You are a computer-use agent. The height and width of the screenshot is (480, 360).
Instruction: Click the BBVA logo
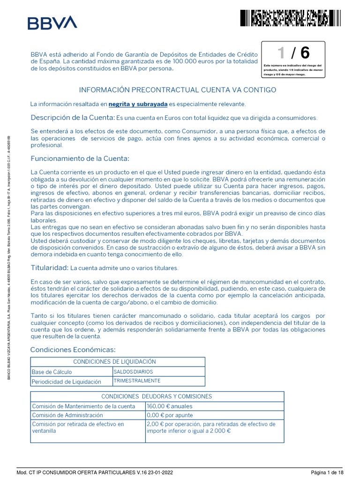(52, 23)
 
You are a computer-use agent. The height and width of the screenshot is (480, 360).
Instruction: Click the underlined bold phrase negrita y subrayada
(138, 104)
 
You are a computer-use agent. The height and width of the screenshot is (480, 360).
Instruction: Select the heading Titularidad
(49, 268)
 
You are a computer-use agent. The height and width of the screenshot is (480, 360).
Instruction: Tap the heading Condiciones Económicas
(72, 350)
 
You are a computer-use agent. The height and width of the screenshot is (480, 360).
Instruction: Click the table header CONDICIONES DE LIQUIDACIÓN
(118, 361)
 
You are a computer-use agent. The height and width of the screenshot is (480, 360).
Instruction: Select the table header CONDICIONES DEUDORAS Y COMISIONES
(157, 396)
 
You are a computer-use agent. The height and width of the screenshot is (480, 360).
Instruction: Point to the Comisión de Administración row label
(67, 415)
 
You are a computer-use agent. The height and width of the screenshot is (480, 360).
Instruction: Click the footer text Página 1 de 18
(330, 473)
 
